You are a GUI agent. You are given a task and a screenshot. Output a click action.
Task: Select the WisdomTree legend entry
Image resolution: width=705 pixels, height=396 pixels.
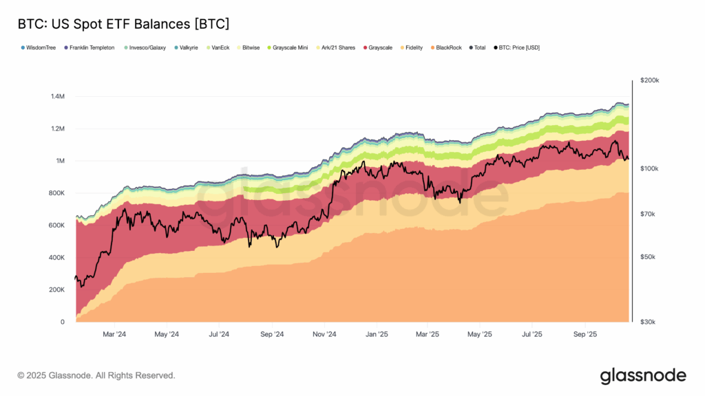click(40, 47)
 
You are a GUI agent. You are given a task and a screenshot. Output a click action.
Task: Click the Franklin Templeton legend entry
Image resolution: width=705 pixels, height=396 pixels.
click(91, 47)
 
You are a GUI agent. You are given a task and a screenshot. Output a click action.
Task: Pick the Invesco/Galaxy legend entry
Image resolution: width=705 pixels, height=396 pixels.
click(146, 47)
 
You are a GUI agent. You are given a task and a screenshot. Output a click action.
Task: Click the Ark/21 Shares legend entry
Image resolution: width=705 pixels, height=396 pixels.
click(338, 47)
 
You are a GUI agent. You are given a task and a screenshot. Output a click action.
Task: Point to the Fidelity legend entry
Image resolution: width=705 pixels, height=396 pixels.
click(412, 47)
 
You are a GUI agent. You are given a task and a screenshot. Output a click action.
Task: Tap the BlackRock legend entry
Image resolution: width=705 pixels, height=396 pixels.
click(448, 47)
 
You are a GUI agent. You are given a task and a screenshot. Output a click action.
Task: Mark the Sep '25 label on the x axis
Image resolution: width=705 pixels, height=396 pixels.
click(585, 335)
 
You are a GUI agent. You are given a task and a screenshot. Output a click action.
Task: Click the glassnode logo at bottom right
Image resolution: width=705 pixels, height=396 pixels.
click(643, 375)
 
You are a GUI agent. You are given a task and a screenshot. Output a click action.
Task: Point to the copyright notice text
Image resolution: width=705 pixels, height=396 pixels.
click(96, 375)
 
